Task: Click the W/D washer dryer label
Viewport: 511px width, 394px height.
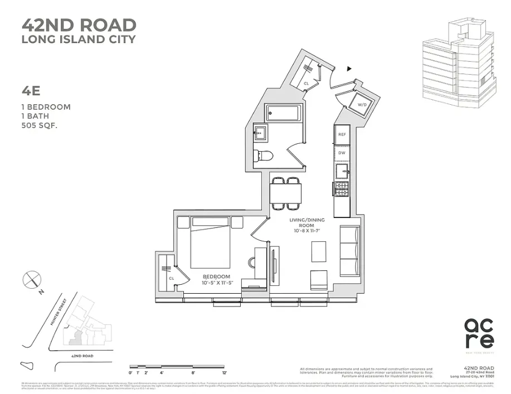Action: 362,104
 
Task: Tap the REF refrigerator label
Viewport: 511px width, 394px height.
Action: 342,134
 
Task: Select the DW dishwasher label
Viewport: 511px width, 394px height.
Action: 342,152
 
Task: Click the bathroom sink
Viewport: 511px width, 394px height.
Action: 260,133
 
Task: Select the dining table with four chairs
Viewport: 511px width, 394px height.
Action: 285,193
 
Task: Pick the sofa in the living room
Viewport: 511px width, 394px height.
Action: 349,250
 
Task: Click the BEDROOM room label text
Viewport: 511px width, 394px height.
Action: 217,277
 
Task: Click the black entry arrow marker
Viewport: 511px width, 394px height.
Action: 349,69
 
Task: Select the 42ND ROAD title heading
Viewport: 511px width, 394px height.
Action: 79,25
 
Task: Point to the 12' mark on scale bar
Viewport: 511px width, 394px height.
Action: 225,372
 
